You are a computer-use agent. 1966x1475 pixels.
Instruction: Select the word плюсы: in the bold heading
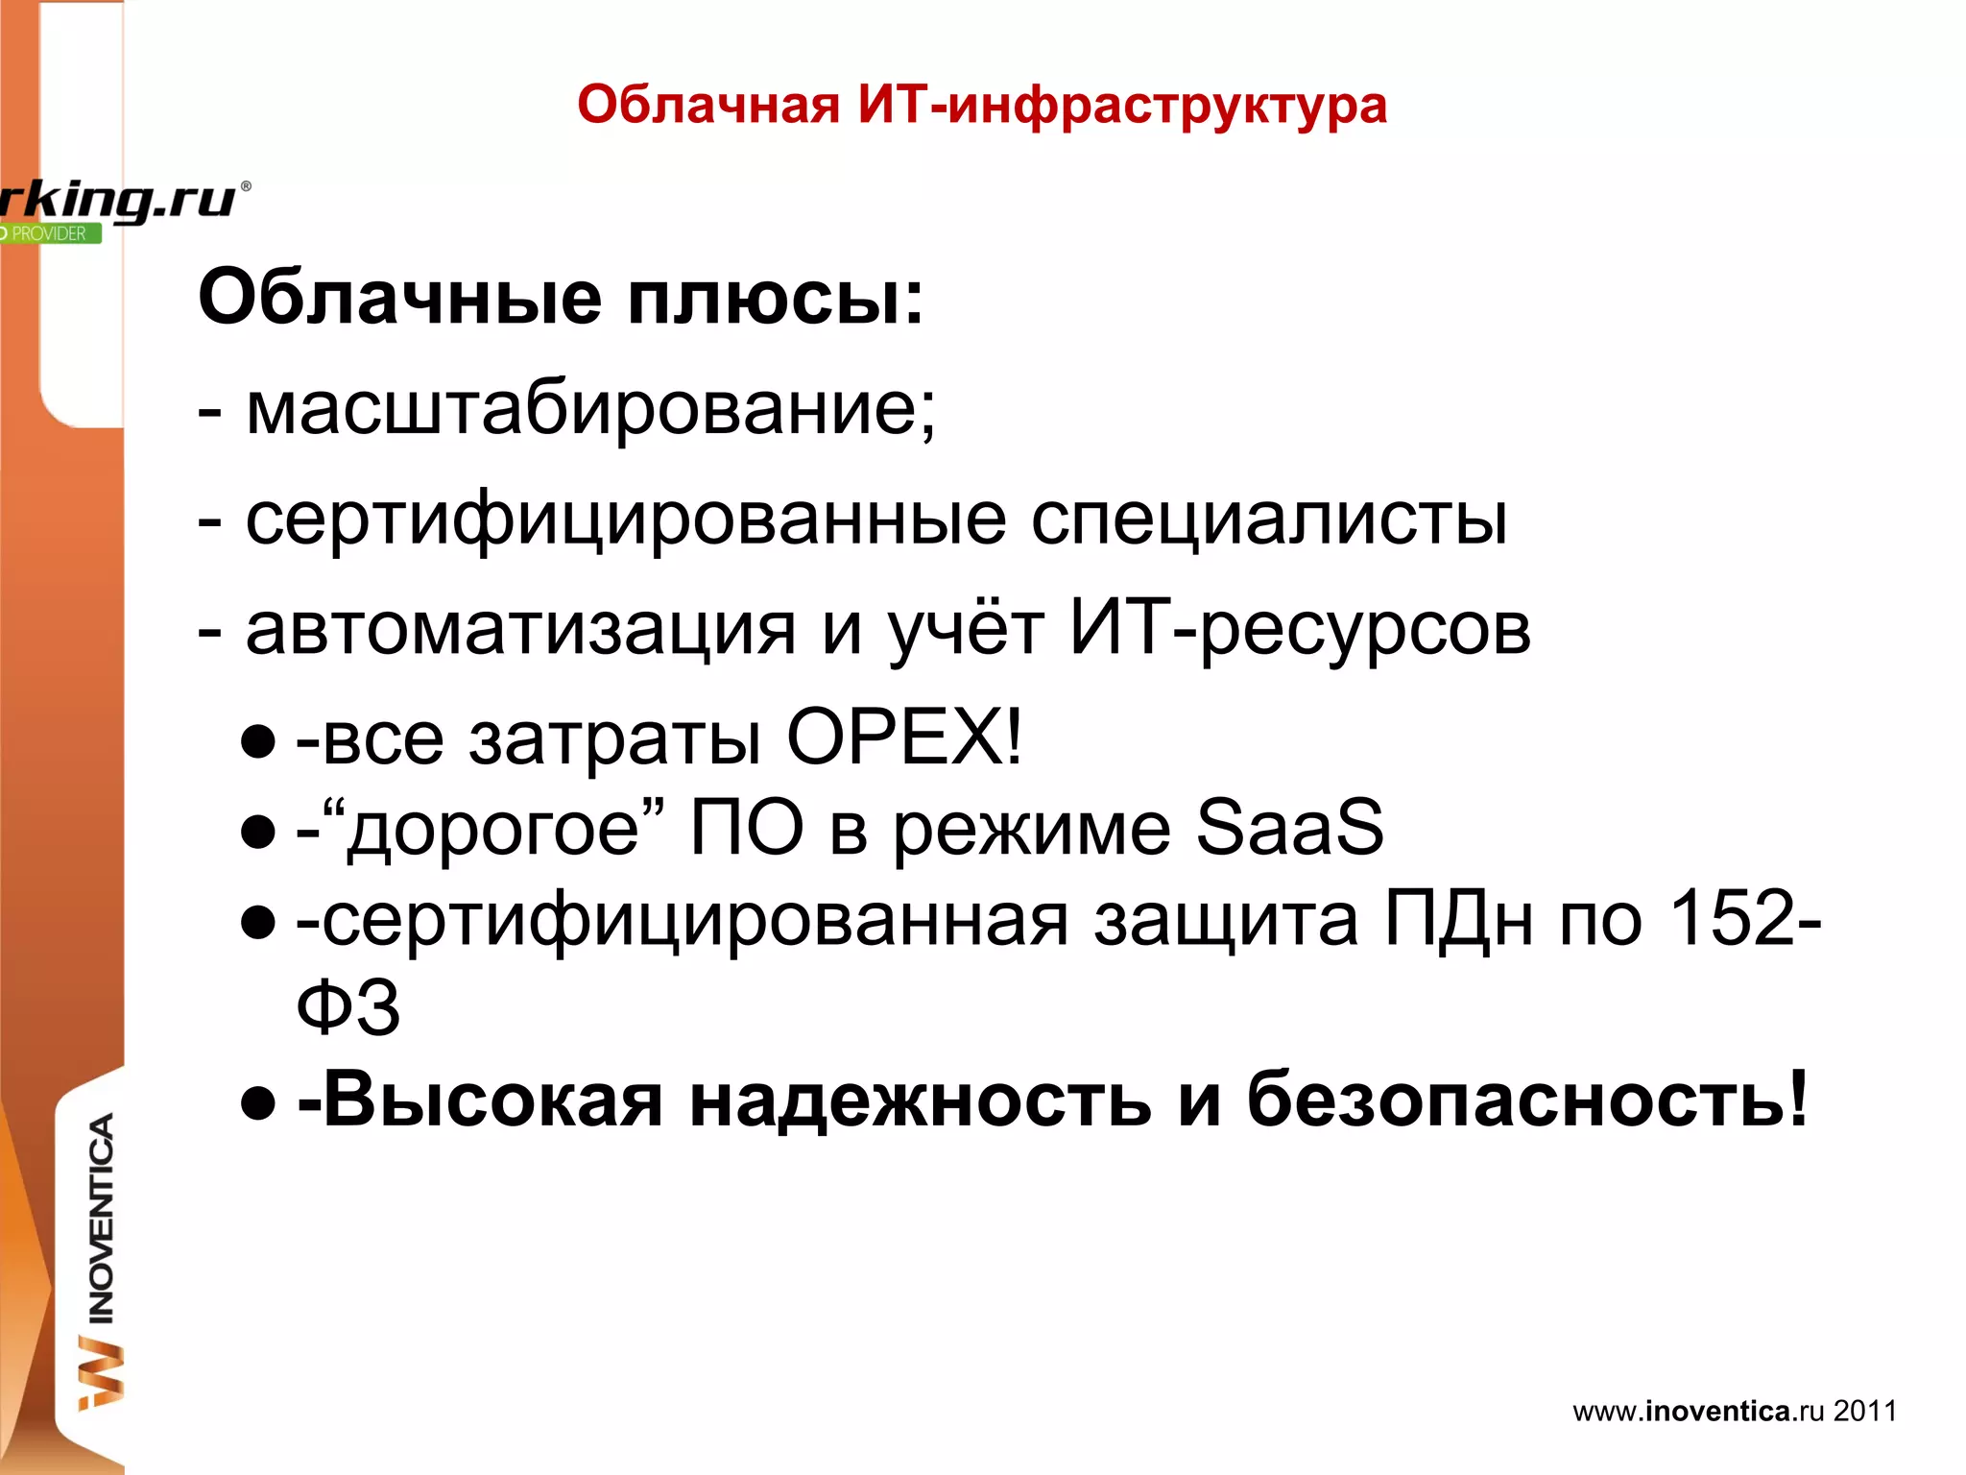click(x=775, y=298)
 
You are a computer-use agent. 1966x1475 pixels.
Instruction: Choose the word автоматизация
click(x=520, y=630)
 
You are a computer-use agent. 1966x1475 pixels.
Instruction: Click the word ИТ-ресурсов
click(x=1301, y=630)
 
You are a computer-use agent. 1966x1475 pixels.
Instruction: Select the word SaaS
click(x=1289, y=828)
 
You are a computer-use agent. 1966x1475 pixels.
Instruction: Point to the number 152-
click(x=1745, y=918)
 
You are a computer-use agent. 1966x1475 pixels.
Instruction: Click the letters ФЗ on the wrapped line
click(x=348, y=1008)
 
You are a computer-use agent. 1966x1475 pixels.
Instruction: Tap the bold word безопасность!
click(x=1526, y=1100)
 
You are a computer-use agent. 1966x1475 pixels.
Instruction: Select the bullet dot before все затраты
click(x=258, y=740)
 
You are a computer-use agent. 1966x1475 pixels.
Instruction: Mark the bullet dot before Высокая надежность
click(x=258, y=1103)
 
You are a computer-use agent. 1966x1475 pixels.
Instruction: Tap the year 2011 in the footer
click(x=1865, y=1411)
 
